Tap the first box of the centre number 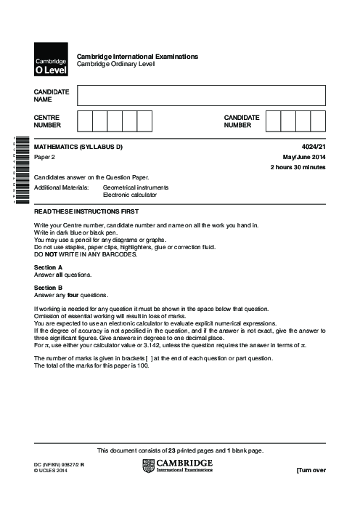(84, 121)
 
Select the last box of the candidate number (318, 121)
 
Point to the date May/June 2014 (304, 157)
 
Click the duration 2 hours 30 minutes (298, 167)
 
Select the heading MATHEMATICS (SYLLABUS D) (78, 147)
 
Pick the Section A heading (48, 267)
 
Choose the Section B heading (48, 287)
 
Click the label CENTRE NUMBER (47, 121)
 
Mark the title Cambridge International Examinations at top (137, 57)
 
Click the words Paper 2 (46, 157)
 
